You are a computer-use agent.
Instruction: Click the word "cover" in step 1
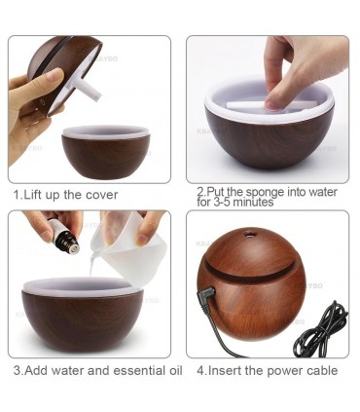click(x=101, y=195)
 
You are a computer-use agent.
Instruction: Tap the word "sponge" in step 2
click(x=265, y=192)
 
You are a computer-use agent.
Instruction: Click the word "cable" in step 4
click(x=321, y=370)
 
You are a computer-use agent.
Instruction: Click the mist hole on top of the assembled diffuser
click(x=249, y=234)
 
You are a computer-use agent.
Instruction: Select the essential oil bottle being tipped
click(x=65, y=236)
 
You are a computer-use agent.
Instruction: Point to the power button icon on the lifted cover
click(x=41, y=101)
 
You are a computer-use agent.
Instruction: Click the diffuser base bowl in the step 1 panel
click(x=106, y=152)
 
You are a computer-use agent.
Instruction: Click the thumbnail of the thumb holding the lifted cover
click(x=55, y=75)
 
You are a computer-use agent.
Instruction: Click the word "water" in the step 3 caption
click(x=67, y=370)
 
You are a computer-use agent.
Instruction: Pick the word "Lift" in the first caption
click(x=33, y=195)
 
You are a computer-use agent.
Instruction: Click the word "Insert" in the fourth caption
click(x=225, y=370)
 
